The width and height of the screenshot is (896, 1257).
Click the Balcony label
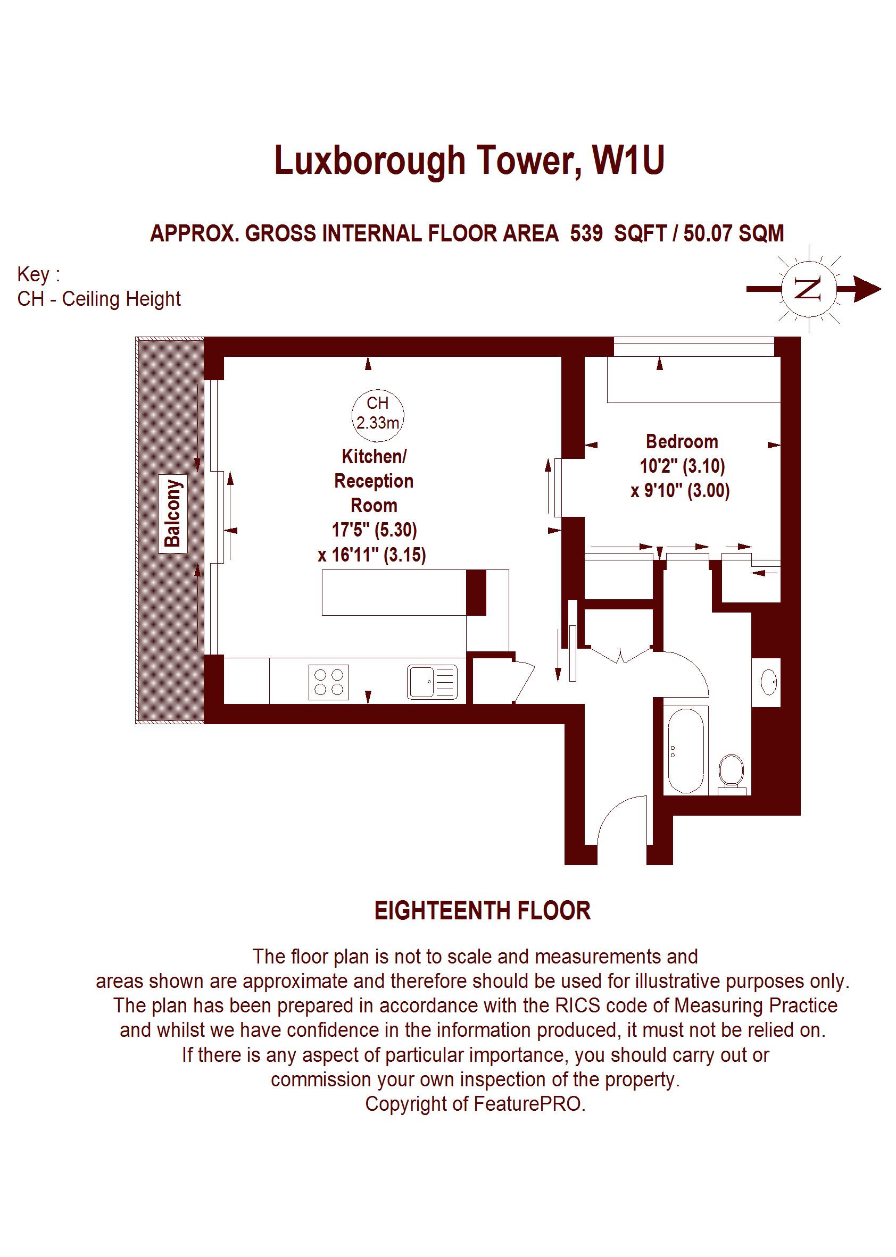click(x=173, y=513)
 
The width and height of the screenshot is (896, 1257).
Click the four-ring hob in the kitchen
click(x=329, y=682)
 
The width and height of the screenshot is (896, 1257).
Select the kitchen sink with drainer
click(x=433, y=682)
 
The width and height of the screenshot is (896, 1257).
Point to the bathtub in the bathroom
click(x=686, y=750)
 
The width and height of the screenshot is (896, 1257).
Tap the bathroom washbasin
click(x=768, y=682)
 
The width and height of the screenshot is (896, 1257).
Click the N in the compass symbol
click(x=808, y=288)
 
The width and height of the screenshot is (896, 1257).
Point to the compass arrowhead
click(x=867, y=289)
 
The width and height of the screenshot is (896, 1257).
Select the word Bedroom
click(x=682, y=442)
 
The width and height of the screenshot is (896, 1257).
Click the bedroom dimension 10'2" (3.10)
click(x=683, y=466)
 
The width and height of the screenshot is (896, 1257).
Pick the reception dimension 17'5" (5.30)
click(x=374, y=530)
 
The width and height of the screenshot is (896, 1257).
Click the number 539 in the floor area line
click(x=586, y=234)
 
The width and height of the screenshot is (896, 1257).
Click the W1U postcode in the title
click(x=628, y=160)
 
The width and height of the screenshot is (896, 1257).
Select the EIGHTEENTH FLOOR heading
click(x=483, y=911)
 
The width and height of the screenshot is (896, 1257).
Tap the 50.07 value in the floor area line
click(x=708, y=234)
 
